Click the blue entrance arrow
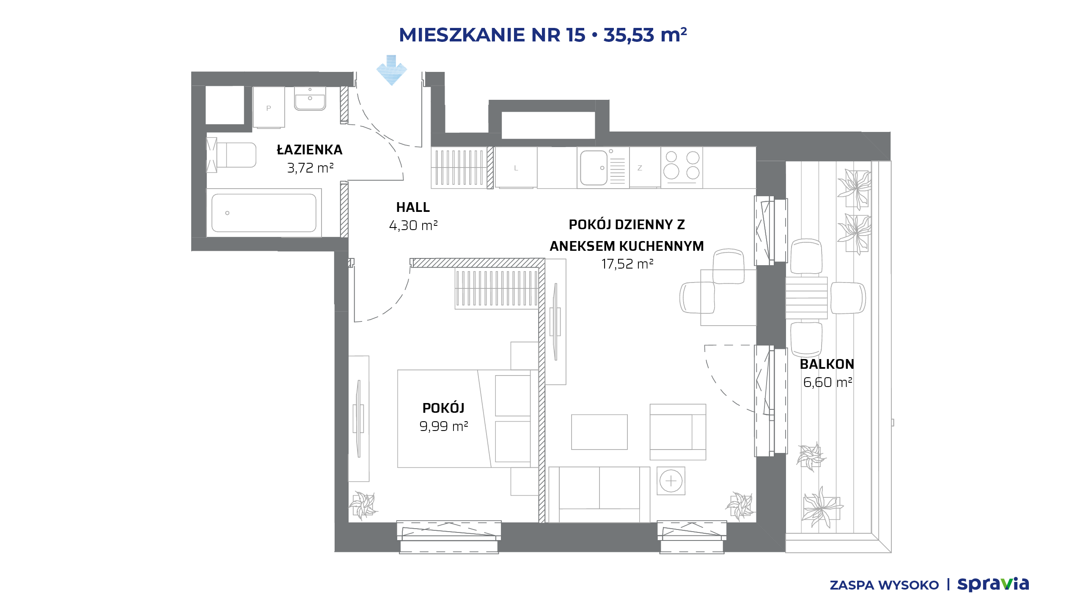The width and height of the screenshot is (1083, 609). [392, 70]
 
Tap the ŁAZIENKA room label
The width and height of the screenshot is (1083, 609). [310, 150]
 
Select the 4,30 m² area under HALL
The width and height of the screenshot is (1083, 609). [413, 225]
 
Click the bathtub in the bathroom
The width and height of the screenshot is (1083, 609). [264, 213]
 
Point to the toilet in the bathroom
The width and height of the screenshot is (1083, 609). [231, 155]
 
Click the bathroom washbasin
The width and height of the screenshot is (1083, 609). [310, 99]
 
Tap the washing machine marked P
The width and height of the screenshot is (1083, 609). [269, 107]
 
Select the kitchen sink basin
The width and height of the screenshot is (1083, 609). [594, 168]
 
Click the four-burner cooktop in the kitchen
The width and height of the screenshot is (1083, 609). [682, 167]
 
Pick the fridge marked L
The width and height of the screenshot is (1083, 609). [516, 167]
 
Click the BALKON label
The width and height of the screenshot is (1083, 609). [827, 364]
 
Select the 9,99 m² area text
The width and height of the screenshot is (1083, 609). [444, 426]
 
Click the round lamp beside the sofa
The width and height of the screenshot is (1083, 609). [671, 481]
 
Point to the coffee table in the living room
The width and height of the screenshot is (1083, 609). [599, 432]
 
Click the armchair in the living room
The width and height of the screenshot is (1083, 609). [678, 432]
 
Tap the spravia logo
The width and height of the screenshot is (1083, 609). [993, 584]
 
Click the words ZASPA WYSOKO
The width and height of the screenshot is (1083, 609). [884, 585]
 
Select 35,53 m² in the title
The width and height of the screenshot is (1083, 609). [645, 35]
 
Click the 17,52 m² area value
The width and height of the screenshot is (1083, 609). [627, 264]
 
